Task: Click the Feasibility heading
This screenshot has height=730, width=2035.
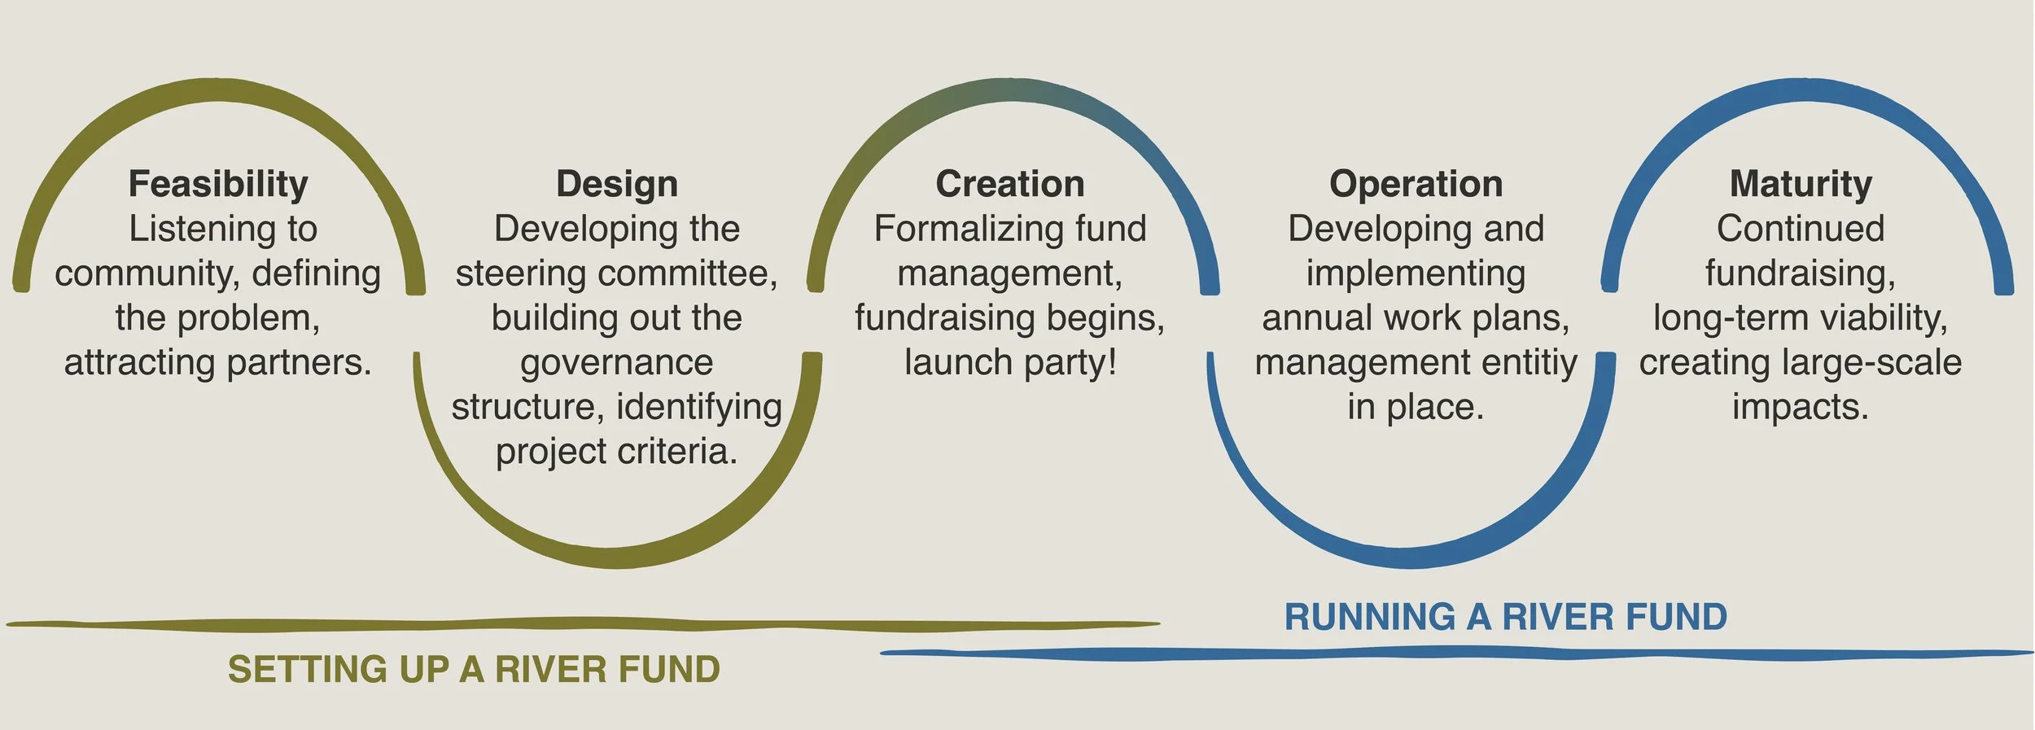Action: click(x=218, y=184)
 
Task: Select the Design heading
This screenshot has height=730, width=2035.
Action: click(x=617, y=184)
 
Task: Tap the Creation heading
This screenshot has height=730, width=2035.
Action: click(x=1009, y=184)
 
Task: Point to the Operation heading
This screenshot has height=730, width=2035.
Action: click(x=1416, y=184)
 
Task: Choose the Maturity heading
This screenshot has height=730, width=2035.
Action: click(x=1801, y=184)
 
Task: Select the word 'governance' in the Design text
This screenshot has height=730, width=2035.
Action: click(x=617, y=363)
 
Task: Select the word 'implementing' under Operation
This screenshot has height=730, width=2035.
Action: click(x=1416, y=274)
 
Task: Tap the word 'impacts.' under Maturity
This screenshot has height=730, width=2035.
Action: click(x=1801, y=407)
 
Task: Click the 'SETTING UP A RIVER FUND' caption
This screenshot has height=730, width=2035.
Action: click(x=474, y=670)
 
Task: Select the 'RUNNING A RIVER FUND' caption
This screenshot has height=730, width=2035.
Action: click(x=1505, y=617)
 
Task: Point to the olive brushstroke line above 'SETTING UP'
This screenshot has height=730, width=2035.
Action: click(x=570, y=625)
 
